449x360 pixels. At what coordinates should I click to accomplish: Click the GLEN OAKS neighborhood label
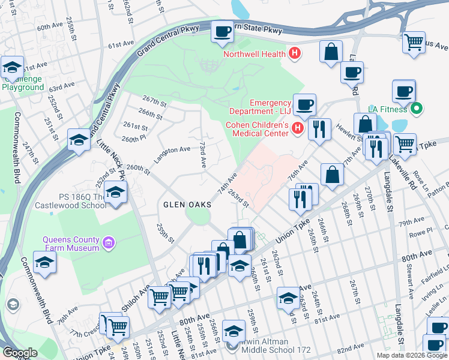point(187,204)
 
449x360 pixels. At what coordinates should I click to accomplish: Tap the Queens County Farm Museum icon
point(108,243)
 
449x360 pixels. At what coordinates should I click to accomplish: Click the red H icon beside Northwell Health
point(294,54)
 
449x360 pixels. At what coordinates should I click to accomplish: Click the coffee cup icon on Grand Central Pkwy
point(222,32)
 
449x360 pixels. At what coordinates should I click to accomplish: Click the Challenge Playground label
point(23,83)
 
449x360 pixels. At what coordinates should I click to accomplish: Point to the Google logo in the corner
point(20,353)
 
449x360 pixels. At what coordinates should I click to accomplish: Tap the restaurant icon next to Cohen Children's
point(319,129)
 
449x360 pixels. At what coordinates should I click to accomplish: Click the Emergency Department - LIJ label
point(261,107)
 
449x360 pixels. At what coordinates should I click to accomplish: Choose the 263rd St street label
point(238,199)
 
